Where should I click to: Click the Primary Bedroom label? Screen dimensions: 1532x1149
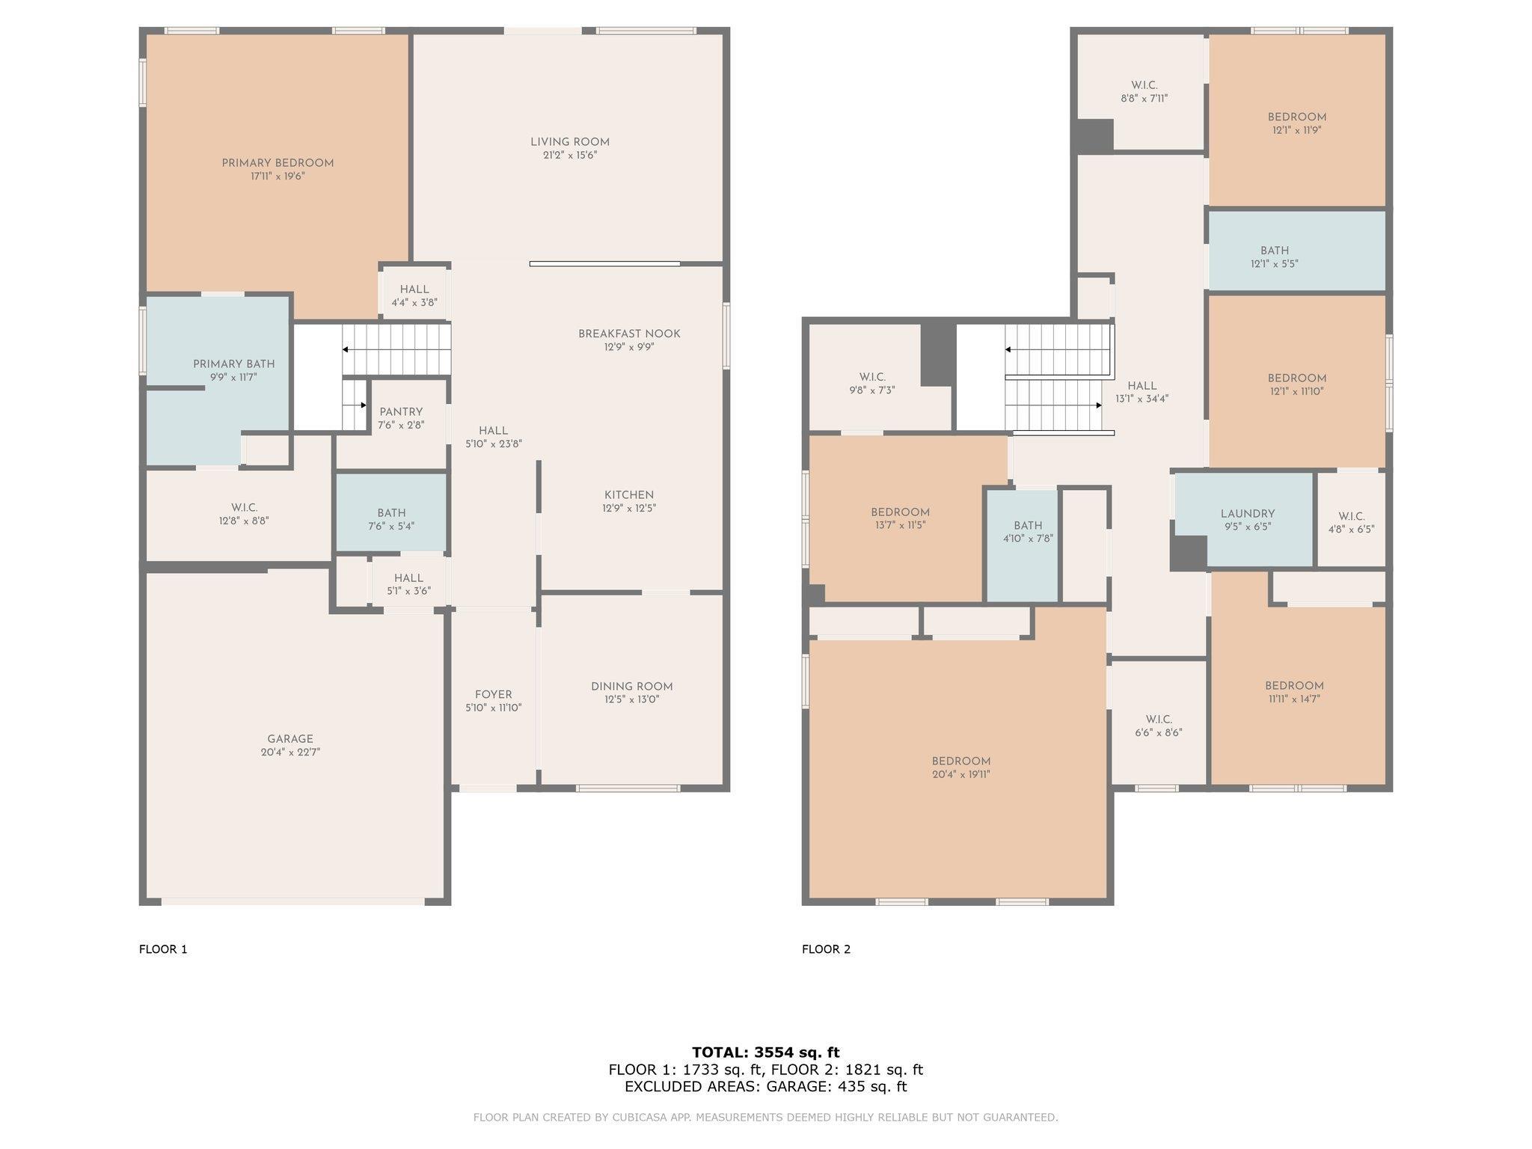[x=278, y=163]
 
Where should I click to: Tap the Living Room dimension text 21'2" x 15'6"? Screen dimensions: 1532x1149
[x=570, y=156]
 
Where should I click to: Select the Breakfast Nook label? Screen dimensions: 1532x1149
[x=629, y=334]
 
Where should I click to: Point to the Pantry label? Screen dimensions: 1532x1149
[x=401, y=412]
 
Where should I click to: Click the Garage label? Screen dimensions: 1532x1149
[x=290, y=739]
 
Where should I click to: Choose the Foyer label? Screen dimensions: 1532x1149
[x=494, y=695]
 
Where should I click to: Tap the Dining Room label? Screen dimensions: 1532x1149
[x=632, y=687]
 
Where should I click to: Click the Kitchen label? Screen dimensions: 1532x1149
[x=629, y=495]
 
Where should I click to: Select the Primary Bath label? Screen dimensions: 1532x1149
[x=234, y=364]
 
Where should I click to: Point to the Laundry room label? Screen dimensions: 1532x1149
[x=1248, y=514]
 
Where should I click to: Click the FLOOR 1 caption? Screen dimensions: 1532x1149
[x=163, y=949]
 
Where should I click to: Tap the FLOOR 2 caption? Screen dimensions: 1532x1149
[x=827, y=949]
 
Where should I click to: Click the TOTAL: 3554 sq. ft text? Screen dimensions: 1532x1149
[x=766, y=1053]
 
